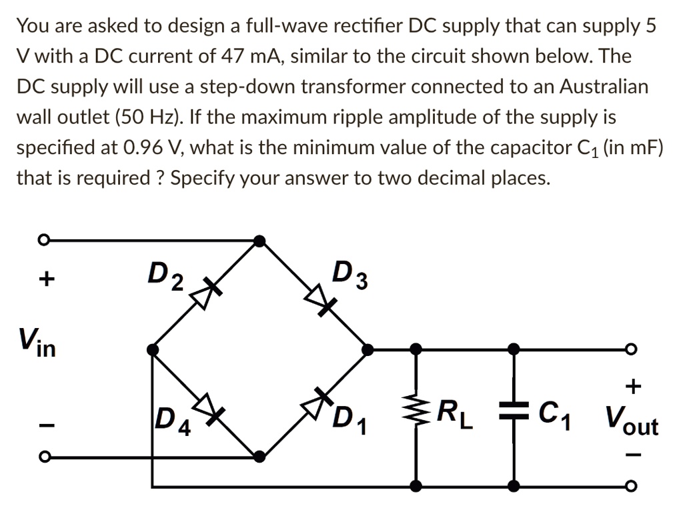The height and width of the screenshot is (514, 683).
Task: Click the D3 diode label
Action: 351,276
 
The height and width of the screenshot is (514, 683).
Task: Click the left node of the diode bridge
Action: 153,349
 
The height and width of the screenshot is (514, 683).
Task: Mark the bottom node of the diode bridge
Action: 260,457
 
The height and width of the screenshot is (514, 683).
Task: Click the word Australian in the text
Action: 604,87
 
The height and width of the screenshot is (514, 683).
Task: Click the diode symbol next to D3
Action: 318,299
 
